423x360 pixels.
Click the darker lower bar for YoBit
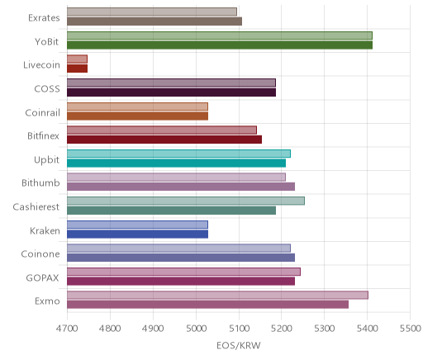point(220,45)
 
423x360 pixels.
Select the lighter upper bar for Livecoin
point(77,59)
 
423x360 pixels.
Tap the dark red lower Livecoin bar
point(77,69)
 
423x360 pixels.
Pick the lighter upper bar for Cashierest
point(186,201)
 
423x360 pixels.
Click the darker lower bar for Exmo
point(207,305)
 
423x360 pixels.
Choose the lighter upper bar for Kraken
point(137,225)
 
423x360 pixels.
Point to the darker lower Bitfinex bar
point(164,140)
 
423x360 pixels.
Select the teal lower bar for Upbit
point(176,163)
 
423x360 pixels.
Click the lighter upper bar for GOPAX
point(183,272)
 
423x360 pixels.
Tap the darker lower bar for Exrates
point(154,21)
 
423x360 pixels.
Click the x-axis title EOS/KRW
point(239,346)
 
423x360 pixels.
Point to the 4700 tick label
point(67,329)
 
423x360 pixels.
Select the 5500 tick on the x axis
point(410,329)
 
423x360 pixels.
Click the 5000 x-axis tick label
point(196,329)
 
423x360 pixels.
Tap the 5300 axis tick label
point(325,329)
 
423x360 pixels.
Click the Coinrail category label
point(42,112)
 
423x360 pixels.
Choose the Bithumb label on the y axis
point(40,183)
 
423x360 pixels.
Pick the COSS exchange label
point(47,89)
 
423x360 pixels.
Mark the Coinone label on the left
point(40,254)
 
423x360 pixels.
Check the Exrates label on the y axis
point(44,18)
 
